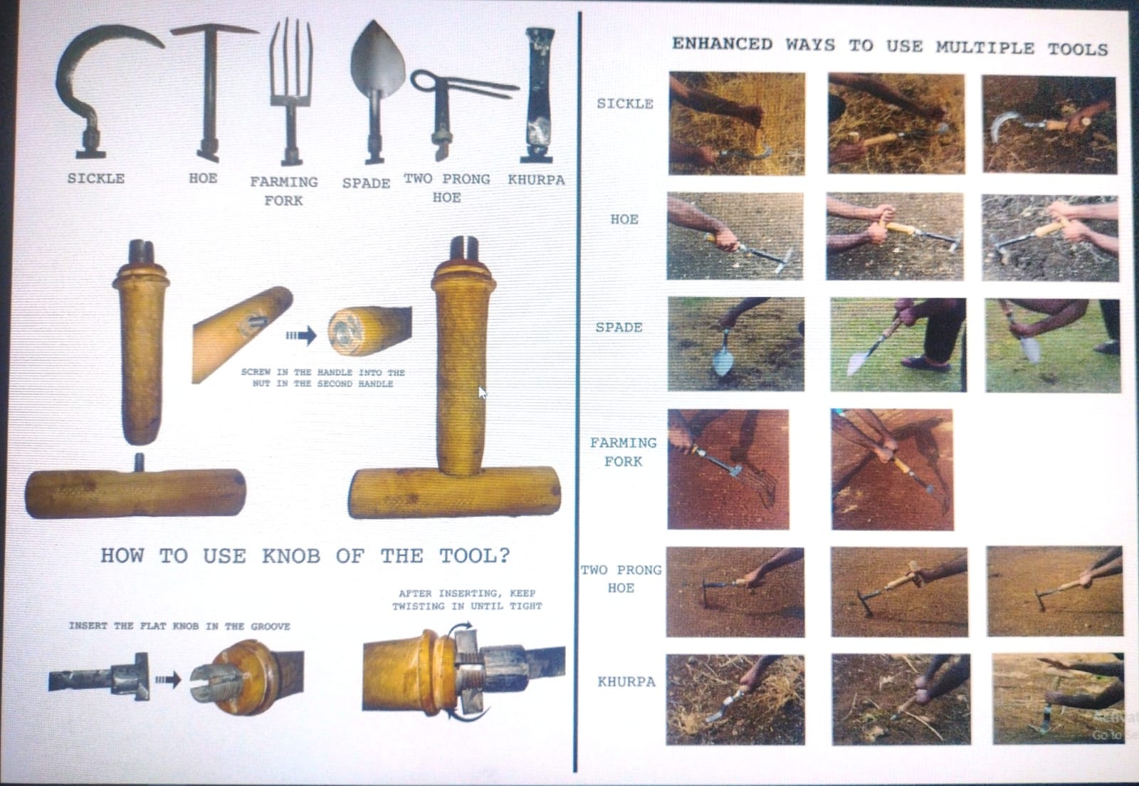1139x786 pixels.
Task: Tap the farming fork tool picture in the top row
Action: (x=291, y=92)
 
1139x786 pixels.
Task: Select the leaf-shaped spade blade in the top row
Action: (x=377, y=57)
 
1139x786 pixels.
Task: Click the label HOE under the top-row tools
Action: (x=203, y=179)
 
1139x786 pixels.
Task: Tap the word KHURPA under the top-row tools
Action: (x=536, y=180)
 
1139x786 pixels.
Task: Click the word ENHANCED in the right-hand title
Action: (x=722, y=44)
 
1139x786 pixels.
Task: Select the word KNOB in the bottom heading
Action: (x=291, y=556)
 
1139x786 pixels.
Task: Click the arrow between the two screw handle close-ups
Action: (x=301, y=335)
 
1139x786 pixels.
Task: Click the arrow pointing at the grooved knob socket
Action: (x=168, y=679)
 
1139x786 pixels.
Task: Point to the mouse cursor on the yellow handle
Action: (x=483, y=393)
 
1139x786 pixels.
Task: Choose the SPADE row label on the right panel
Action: (x=619, y=327)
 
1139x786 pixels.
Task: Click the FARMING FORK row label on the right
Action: (x=624, y=452)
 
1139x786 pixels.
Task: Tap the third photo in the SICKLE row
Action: (x=1049, y=125)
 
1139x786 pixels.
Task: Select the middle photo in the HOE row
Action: (x=894, y=236)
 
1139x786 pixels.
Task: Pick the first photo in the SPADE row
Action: (x=736, y=344)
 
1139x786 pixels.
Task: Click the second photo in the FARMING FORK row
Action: (x=893, y=470)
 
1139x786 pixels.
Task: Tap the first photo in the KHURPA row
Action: (x=735, y=700)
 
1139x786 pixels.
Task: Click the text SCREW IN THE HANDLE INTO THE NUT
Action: (x=323, y=378)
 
